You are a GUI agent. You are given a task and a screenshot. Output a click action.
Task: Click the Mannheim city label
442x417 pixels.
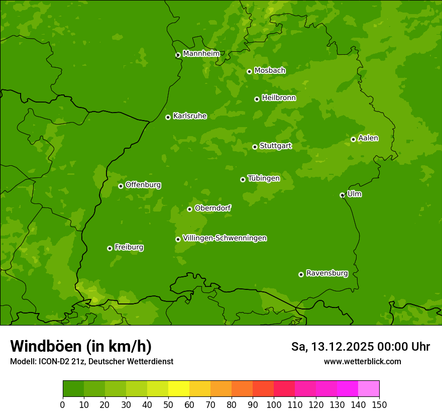pos(201,54)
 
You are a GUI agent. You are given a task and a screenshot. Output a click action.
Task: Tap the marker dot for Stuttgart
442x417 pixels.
pos(255,147)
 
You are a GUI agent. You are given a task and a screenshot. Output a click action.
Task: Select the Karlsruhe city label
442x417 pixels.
pos(190,116)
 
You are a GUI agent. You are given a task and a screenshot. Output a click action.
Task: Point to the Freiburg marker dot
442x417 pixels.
pos(109,248)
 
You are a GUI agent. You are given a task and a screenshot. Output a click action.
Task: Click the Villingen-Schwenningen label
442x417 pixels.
pos(225,238)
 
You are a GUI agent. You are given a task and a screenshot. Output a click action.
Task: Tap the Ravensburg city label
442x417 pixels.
pos(327,273)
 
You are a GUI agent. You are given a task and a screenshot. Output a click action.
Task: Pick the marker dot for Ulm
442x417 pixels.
pos(342,195)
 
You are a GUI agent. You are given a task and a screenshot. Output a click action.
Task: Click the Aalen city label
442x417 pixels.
pos(368,138)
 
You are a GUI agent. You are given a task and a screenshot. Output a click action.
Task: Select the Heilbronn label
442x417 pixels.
pos(279,98)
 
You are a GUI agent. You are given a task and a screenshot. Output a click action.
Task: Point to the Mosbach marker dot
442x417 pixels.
pos(249,71)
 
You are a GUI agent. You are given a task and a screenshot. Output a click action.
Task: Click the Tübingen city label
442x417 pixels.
pos(264,178)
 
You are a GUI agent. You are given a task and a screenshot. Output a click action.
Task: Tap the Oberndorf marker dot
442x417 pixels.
pos(189,209)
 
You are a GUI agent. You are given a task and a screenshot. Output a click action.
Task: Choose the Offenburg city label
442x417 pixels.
pos(143,185)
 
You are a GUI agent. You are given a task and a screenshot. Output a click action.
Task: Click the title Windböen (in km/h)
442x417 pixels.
pos(80,346)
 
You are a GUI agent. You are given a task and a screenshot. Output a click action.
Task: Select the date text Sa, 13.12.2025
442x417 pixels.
pos(331,347)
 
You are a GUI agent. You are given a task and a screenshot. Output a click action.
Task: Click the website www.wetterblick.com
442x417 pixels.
pos(362,361)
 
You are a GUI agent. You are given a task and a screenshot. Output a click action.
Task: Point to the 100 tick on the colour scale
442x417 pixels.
pos(274,404)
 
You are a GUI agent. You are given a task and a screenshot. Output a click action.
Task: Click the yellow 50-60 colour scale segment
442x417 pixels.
pos(179,388)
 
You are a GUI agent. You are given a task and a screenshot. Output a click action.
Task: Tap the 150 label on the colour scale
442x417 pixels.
pos(379,404)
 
